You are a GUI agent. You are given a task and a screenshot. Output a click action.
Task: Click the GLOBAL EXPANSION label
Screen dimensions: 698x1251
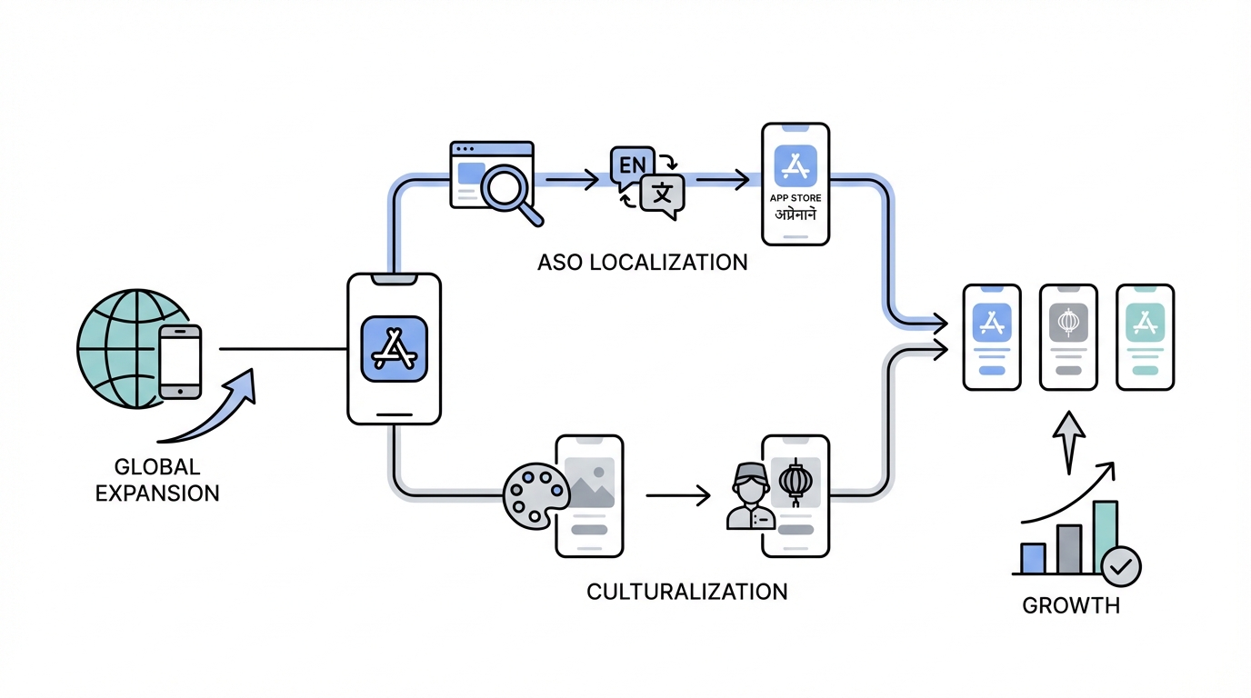pos(157,481)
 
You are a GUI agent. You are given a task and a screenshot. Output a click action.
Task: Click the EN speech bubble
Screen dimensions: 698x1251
pos(634,166)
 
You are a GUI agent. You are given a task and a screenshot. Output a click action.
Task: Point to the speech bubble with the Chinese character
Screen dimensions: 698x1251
pos(663,194)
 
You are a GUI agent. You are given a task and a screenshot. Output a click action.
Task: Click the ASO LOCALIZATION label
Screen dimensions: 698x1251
pos(642,263)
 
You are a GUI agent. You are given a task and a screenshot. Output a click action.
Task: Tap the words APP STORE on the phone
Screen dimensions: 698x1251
pos(796,197)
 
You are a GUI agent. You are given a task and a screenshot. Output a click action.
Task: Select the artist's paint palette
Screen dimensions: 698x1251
pos(535,496)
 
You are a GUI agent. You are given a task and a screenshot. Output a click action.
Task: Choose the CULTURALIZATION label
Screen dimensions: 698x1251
pos(686,592)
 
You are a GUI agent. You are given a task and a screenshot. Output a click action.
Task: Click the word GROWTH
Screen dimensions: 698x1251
pos(1071,606)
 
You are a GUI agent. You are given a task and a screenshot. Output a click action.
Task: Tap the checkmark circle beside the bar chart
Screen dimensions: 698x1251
pos(1121,567)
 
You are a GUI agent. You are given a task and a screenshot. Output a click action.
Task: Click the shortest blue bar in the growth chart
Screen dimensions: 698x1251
pos(1033,558)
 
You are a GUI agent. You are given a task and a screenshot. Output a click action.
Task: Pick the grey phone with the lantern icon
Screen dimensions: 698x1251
pos(1068,337)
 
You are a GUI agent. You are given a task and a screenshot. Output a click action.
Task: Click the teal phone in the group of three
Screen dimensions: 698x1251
pos(1145,337)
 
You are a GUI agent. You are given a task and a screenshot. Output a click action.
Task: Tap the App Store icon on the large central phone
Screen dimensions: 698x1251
pos(394,348)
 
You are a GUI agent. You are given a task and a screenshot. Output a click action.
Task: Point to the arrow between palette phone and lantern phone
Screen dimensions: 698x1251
pos(677,496)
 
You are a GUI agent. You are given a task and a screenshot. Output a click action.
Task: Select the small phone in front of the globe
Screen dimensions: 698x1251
pos(180,361)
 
